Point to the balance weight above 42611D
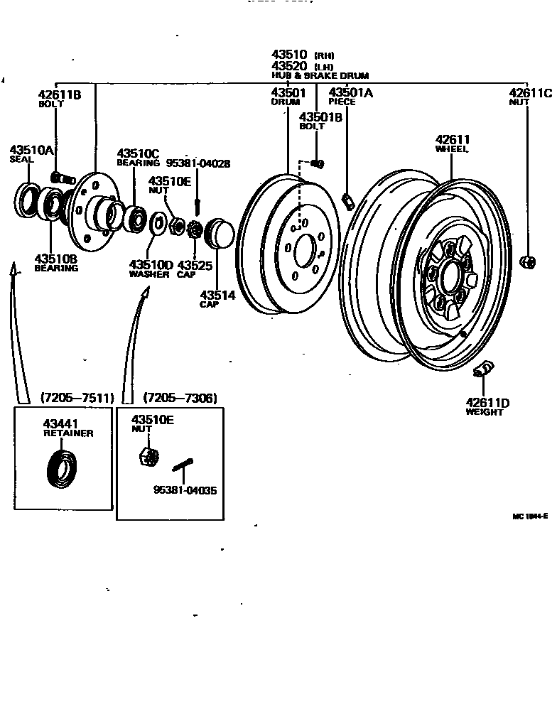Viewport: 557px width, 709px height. pyautogui.click(x=484, y=367)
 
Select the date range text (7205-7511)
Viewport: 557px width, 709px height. pyautogui.click(x=76, y=397)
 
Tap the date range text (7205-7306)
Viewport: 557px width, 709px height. pyautogui.click(x=180, y=397)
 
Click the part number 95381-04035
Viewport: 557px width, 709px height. pyautogui.click(x=185, y=489)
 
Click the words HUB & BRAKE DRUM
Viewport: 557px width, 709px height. pyautogui.click(x=320, y=75)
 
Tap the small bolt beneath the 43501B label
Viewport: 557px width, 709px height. pyautogui.click(x=318, y=165)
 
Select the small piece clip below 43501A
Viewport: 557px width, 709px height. pyautogui.click(x=347, y=201)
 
